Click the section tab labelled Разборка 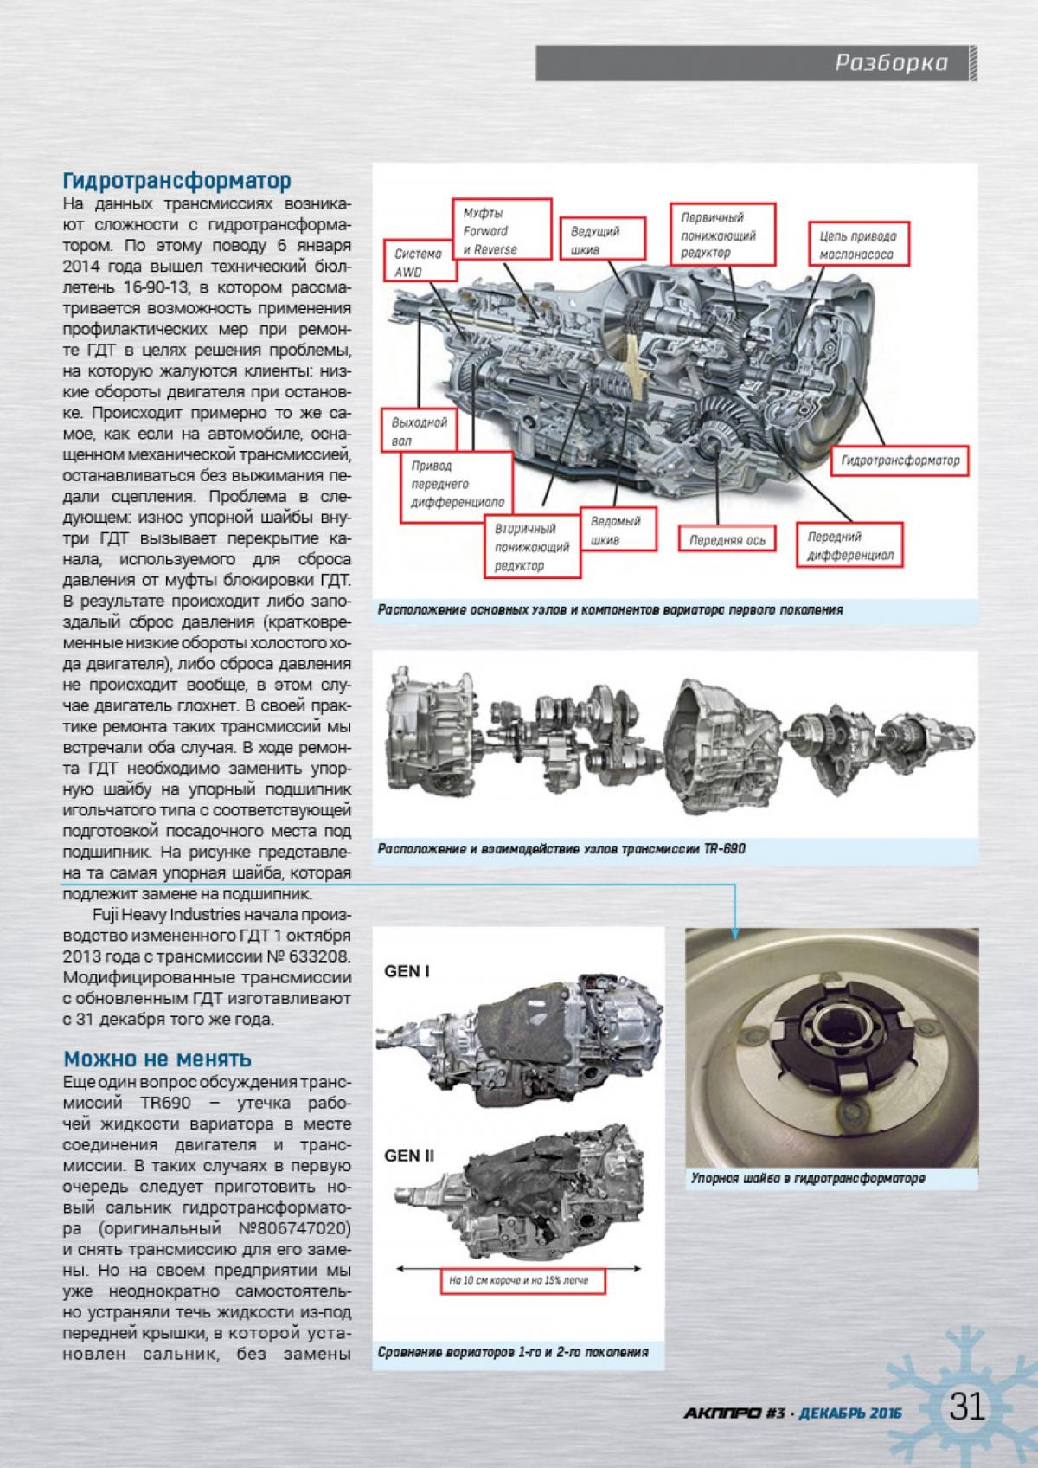(891, 63)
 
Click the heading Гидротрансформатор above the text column (176, 181)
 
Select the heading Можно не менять (157, 1059)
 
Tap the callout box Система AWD (419, 263)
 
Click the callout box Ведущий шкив (595, 241)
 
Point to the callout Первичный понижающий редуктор (723, 235)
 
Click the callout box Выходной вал (420, 431)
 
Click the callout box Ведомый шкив (616, 531)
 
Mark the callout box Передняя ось (727, 540)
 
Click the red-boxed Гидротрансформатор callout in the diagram (900, 461)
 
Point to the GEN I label (407, 971)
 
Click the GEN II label (408, 1156)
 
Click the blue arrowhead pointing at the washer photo (735, 932)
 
